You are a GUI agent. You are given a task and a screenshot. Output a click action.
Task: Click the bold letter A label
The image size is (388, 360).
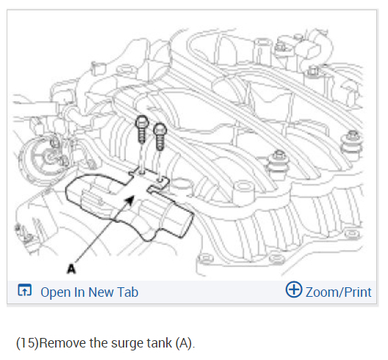click(71, 269)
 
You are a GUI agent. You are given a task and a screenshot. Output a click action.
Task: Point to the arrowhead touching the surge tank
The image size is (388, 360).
click(130, 200)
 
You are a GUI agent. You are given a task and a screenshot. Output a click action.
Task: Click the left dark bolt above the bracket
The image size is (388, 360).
click(142, 129)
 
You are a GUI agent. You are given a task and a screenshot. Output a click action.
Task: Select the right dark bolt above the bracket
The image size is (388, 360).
click(159, 137)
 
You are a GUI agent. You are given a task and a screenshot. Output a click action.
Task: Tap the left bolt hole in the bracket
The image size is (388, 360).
click(142, 171)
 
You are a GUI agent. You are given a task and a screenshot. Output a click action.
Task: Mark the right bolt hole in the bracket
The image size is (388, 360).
click(160, 179)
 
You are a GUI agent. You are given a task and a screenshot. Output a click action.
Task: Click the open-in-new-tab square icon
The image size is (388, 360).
click(24, 290)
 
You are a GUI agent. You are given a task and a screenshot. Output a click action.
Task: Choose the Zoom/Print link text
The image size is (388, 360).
click(338, 292)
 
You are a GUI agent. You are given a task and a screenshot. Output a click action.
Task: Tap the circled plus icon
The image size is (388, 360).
click(294, 289)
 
